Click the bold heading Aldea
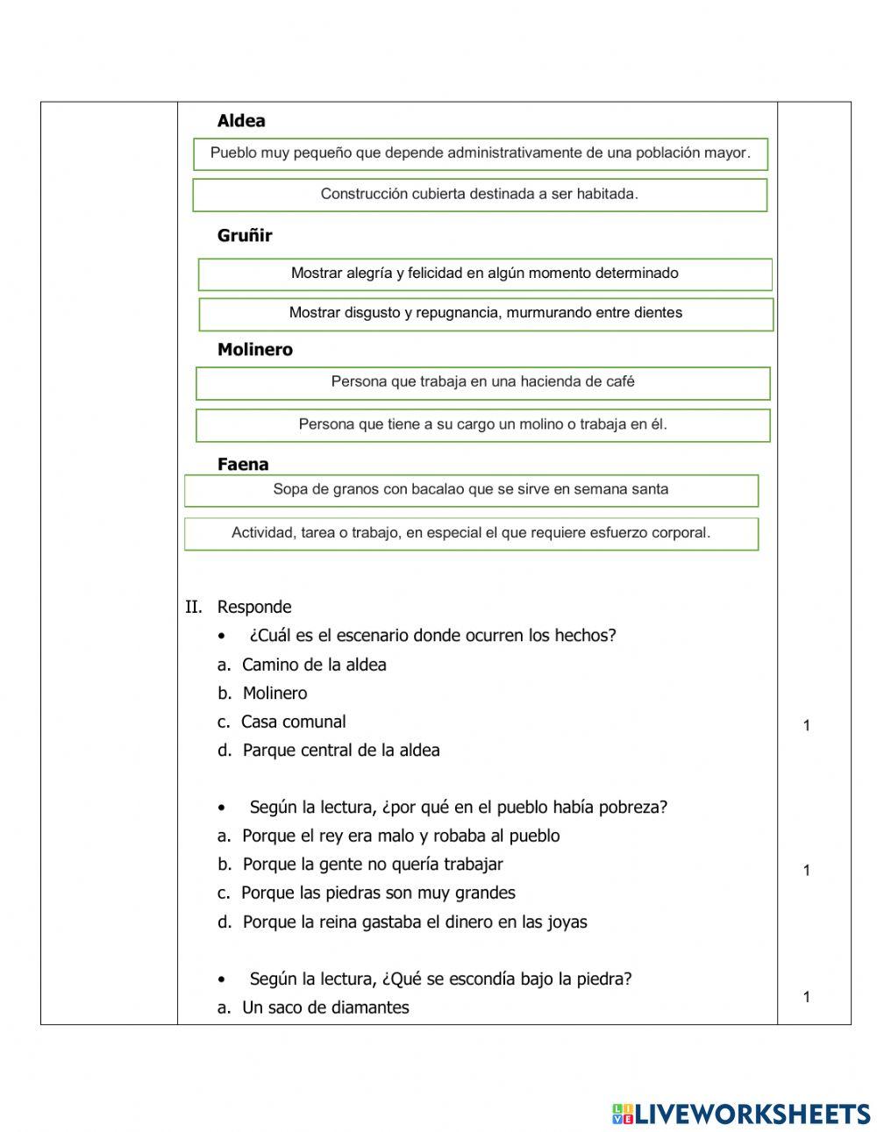[241, 121]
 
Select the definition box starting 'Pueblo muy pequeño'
[480, 153]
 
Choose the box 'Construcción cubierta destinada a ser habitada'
[480, 195]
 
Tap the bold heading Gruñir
[245, 235]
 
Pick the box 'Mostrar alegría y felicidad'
[485, 274]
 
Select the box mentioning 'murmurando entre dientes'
[486, 313]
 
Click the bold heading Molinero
[255, 349]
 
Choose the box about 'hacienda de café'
[482, 382]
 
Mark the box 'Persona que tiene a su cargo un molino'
[482, 424]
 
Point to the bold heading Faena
[243, 464]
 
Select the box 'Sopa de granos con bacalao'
[471, 489]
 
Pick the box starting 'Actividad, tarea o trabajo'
[471, 533]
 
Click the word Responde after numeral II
[254, 607]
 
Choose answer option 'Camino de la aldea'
[313, 665]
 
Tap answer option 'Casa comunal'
[293, 722]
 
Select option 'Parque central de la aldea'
[340, 751]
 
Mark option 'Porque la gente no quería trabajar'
[372, 865]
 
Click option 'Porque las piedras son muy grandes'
[377, 893]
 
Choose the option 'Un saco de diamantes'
[324, 1007]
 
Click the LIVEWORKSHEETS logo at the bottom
[741, 1114]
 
